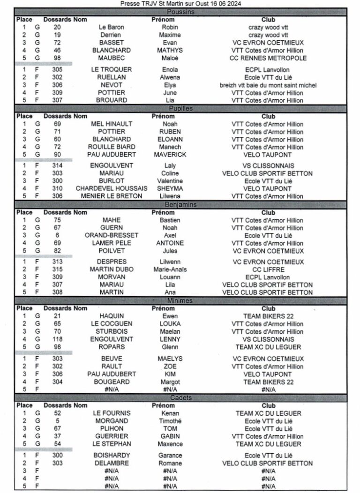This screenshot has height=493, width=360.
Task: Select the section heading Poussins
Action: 180,12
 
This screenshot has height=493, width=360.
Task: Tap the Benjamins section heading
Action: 180,205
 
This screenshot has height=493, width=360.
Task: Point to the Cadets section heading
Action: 180,398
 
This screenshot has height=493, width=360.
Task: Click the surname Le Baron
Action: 111,27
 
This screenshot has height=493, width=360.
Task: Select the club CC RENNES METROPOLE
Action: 268,58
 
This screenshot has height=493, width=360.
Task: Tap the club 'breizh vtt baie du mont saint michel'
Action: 268,85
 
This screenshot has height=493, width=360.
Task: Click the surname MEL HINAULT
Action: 111,124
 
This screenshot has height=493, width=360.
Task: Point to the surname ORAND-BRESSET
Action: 111,235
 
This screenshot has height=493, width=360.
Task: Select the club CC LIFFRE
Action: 268,269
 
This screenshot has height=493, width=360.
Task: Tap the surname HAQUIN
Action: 111,316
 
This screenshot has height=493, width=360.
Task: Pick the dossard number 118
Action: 57,339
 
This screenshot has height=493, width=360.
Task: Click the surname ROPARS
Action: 111,347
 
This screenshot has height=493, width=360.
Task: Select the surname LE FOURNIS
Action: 111,413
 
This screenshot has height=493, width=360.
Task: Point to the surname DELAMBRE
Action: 111,463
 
